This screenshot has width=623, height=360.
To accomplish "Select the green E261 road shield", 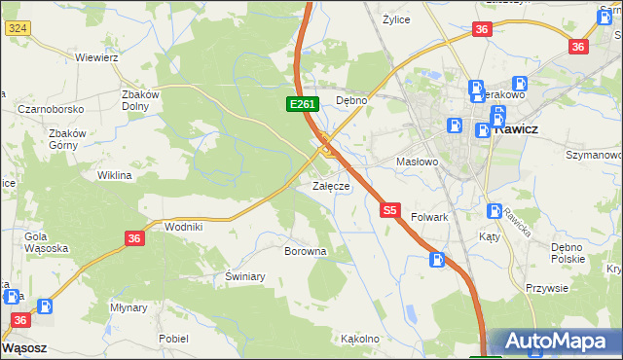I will point(300,104).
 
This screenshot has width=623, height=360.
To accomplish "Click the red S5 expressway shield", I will point(390,209).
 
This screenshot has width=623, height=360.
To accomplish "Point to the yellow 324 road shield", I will point(17,29).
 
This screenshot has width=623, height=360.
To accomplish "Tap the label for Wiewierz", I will point(96,57).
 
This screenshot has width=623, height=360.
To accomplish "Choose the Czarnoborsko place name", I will point(50,109).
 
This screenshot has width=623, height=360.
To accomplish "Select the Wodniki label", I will point(184,226).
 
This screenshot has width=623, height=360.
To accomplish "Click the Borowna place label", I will point(305,251).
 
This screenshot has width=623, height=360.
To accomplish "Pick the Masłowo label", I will point(418,162).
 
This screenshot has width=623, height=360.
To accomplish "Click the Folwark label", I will point(429,217).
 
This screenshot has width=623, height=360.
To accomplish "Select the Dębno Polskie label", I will point(568,251).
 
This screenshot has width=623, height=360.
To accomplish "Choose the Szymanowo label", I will point(594,155).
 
